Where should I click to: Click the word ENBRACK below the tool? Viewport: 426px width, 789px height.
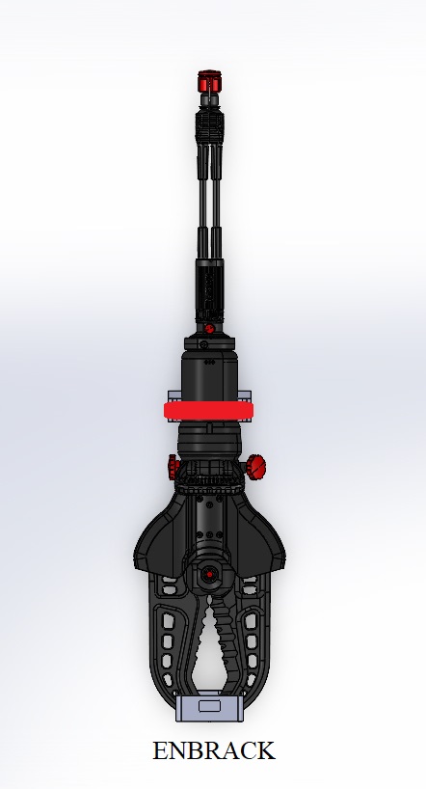coord(214,750)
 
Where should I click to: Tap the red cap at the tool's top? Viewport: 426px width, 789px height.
coord(209,82)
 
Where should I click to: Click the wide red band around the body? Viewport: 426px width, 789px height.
coord(209,410)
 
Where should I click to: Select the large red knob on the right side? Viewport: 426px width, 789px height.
coord(256,467)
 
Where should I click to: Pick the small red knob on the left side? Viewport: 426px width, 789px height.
coord(173,467)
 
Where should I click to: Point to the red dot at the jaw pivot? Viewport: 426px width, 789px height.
coord(209,574)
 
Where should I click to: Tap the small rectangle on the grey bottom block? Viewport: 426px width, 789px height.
coord(209,706)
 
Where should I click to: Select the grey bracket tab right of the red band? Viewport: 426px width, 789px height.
coord(245,396)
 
